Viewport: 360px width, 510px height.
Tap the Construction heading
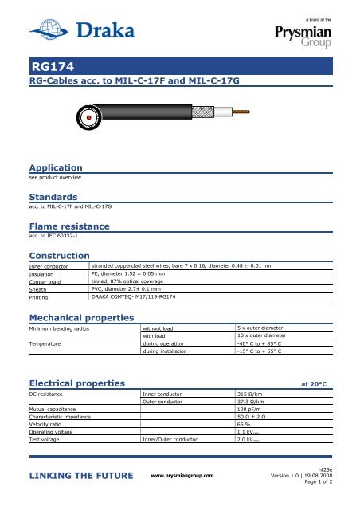pos(59,255)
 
